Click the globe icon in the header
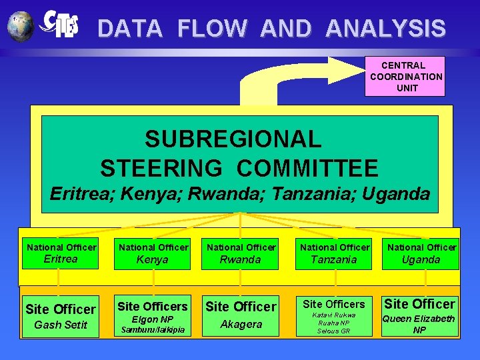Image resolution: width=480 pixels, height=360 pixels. pos(21,26)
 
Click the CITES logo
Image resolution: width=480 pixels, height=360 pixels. pos(60,25)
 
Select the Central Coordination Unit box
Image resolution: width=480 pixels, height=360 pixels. pos(405,76)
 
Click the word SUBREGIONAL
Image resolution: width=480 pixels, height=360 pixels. pos(233,139)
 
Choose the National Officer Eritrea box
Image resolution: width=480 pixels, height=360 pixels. pos(60,253)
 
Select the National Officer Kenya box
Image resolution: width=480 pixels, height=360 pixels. pos(153,253)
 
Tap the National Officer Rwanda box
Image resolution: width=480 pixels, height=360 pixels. pos(240,253)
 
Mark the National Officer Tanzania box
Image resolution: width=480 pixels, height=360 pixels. pos(333,253)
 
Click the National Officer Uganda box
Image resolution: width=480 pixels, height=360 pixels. pos(421,253)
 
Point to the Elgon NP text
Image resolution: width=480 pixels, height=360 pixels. pos(153,319)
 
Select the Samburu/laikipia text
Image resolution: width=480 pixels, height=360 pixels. pos(153,330)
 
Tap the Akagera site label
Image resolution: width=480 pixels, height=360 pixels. pos(241,324)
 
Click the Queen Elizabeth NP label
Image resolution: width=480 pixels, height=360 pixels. pos(419,324)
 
